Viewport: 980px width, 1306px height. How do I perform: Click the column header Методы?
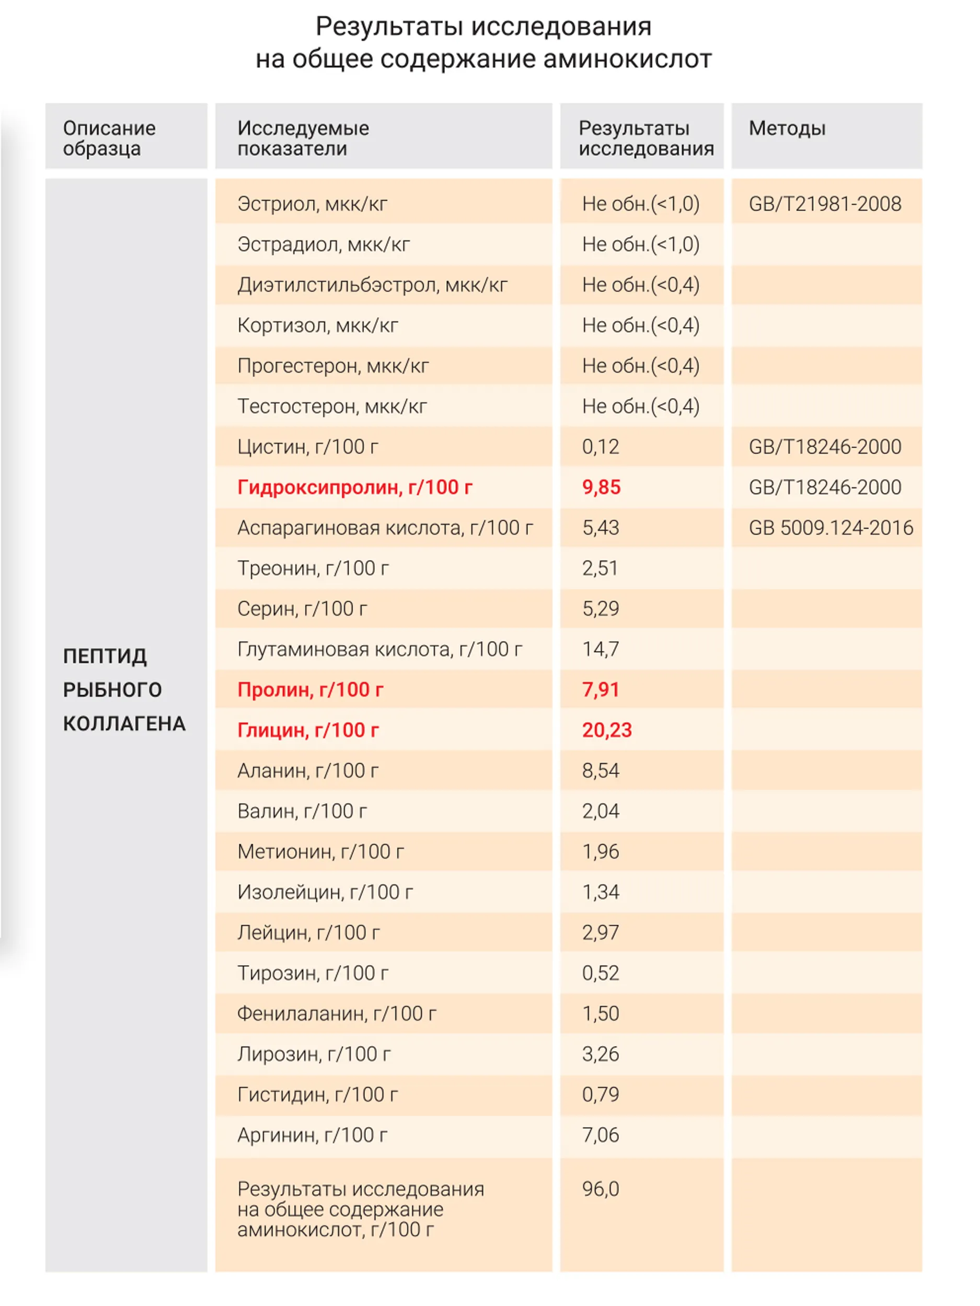787,128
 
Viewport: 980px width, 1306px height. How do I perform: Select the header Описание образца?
109,138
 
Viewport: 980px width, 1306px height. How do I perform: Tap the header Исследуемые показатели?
303,138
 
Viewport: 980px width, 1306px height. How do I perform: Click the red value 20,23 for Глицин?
607,730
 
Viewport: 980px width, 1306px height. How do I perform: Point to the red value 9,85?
602,487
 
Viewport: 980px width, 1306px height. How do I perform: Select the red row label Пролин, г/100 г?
310,690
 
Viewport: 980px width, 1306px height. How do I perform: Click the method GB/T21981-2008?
825,204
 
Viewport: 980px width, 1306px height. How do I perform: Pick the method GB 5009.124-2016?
831,527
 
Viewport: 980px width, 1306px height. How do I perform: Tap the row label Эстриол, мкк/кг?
313,204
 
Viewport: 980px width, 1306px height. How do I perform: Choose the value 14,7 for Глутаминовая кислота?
600,649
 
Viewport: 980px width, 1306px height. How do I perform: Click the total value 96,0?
600,1188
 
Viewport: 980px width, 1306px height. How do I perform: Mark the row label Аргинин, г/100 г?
313,1135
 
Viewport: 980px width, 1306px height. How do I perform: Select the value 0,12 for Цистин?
600,446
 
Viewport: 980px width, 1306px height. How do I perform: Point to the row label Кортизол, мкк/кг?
318,325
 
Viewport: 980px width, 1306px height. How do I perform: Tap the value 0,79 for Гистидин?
600,1094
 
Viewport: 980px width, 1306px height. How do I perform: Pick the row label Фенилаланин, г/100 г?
337,1013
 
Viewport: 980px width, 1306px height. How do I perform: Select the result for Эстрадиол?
641,244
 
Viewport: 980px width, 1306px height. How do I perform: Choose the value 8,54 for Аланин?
600,771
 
